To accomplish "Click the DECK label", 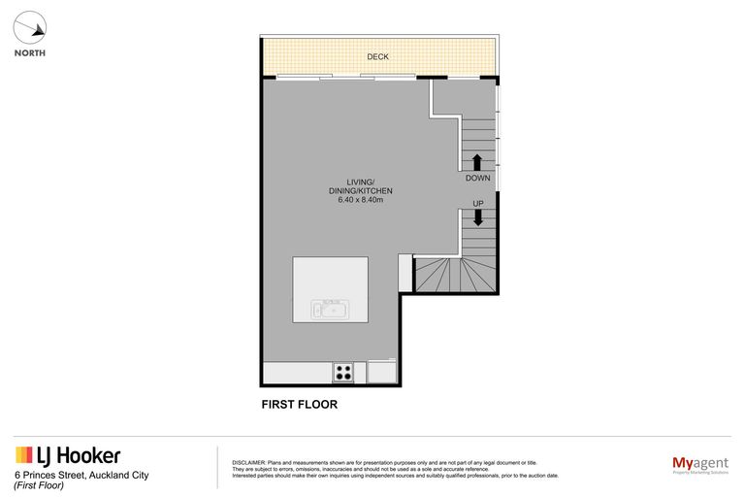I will point(378,57).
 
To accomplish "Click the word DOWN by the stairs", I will point(477,179).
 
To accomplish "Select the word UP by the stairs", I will point(477,203).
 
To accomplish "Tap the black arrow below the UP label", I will point(477,217).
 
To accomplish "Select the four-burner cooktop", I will point(343,371).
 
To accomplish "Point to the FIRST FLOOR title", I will point(301,405).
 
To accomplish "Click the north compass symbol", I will point(31,27).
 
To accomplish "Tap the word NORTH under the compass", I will point(30,53).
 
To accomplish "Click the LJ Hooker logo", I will point(68,456).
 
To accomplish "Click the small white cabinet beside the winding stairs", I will point(405,273).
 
